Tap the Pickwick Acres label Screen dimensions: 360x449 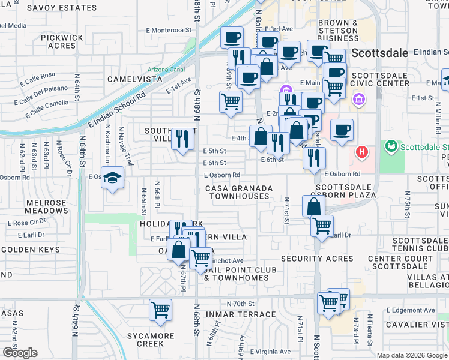point(62,41)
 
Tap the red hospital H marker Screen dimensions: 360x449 point(362,152)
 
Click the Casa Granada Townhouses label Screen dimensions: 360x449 point(239,192)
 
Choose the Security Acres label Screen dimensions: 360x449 point(318,259)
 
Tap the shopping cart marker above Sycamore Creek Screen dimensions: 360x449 point(160,310)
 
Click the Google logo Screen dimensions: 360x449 point(20,352)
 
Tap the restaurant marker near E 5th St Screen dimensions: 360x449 point(183,139)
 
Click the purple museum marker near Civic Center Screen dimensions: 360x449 point(359,98)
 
